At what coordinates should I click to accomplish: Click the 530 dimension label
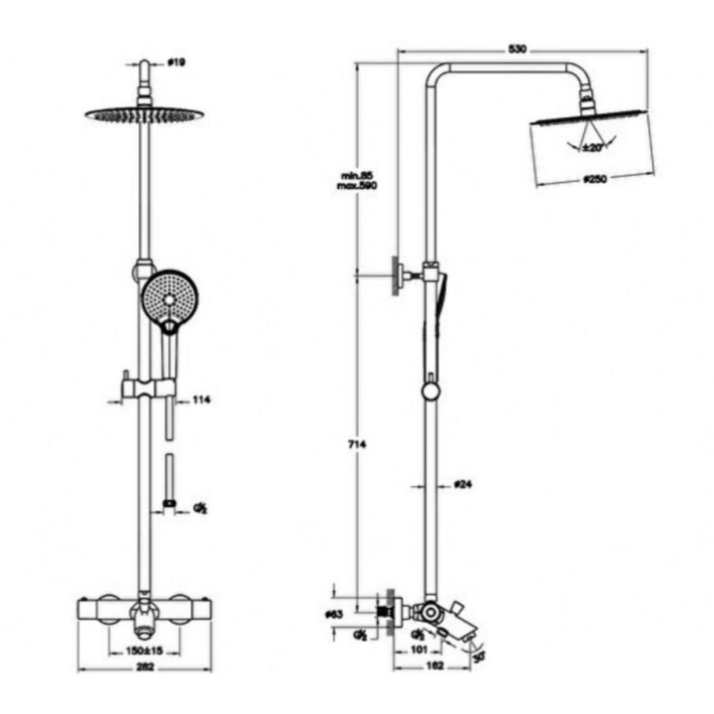[x=517, y=49]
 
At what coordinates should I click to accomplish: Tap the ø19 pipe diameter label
[x=176, y=62]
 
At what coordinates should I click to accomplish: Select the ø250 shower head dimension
[x=595, y=180]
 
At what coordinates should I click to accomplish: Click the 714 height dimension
[x=357, y=445]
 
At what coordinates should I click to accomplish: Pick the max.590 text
[x=358, y=186]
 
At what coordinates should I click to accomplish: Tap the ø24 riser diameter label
[x=463, y=484]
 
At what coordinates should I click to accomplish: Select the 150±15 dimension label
[x=144, y=651]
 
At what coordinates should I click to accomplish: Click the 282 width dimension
[x=145, y=667]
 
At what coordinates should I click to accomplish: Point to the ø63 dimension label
[x=333, y=614]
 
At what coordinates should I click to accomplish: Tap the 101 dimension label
[x=418, y=650]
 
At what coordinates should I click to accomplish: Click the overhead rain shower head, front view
[x=144, y=114]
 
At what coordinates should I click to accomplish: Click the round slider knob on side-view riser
[x=431, y=391]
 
